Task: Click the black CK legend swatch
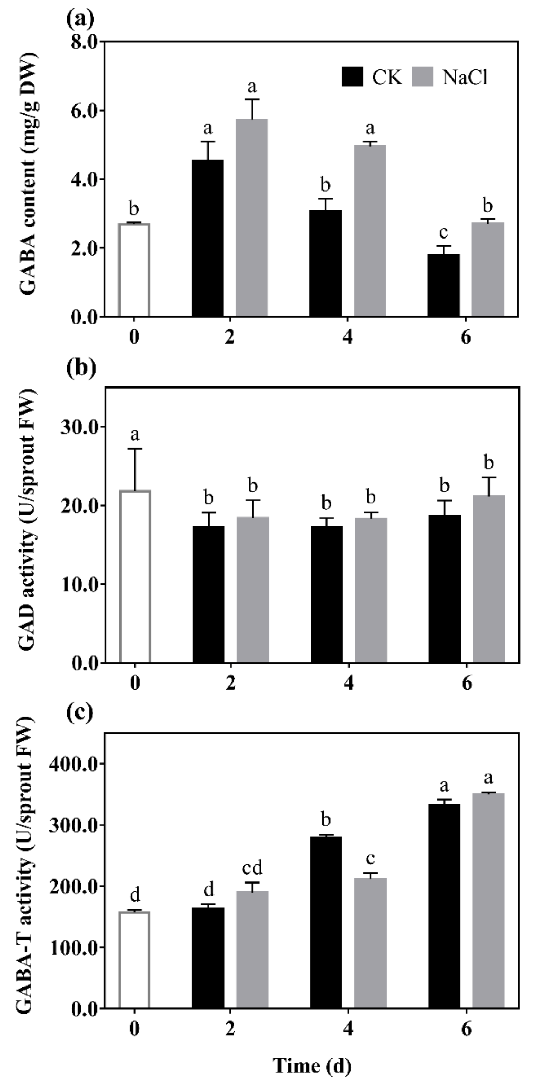(352, 76)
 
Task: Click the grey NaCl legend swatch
(422, 76)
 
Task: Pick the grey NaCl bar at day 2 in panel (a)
(252, 218)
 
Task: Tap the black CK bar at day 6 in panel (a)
(444, 285)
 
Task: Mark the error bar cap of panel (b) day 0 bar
(135, 449)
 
